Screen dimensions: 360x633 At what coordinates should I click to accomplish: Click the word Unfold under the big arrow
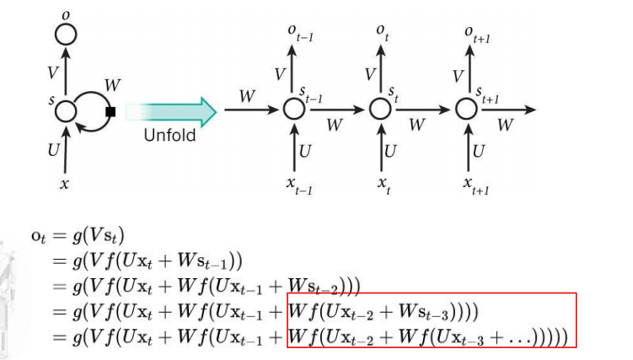coord(169,135)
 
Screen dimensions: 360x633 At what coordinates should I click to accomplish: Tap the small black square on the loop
coord(110,110)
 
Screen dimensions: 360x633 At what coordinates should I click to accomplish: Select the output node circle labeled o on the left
coord(66,35)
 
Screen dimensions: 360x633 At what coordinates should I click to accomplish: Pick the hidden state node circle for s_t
coord(381,109)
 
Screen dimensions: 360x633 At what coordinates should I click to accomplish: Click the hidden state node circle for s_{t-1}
coord(293,109)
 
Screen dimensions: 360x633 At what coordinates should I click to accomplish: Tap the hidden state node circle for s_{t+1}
coord(467,109)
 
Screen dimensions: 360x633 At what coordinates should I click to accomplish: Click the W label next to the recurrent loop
coord(111,85)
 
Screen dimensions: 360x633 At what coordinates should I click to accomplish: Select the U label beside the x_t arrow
coord(390,151)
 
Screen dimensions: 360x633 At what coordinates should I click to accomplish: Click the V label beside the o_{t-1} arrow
coord(281,74)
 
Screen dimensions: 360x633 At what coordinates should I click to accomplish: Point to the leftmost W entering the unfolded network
coord(246,96)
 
